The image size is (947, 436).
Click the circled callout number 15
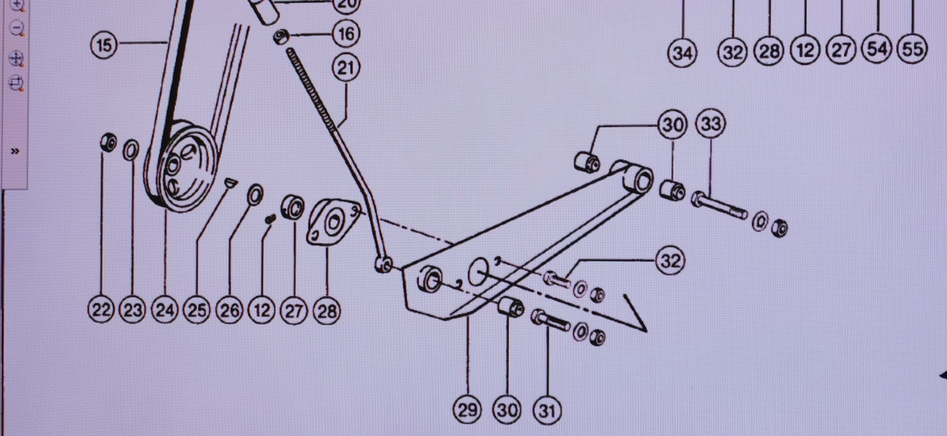coord(104,45)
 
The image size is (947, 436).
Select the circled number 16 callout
coord(346,33)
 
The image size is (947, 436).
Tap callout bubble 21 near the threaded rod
coord(346,68)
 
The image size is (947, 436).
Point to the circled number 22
coord(101,309)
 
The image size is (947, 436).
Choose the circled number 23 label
coord(132,309)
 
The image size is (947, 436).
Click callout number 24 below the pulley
coord(165,309)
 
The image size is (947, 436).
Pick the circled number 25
coord(197,309)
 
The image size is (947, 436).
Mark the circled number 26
coord(229,309)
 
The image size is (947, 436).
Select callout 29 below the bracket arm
coord(468,409)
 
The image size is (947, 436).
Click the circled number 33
coord(710,124)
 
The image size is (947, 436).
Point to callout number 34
coord(682,53)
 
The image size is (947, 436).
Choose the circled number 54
coord(877,50)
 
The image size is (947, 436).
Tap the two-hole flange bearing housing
coord(331,221)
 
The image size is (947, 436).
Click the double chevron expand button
coord(15,151)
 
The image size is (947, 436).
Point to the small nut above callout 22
coord(109,142)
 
